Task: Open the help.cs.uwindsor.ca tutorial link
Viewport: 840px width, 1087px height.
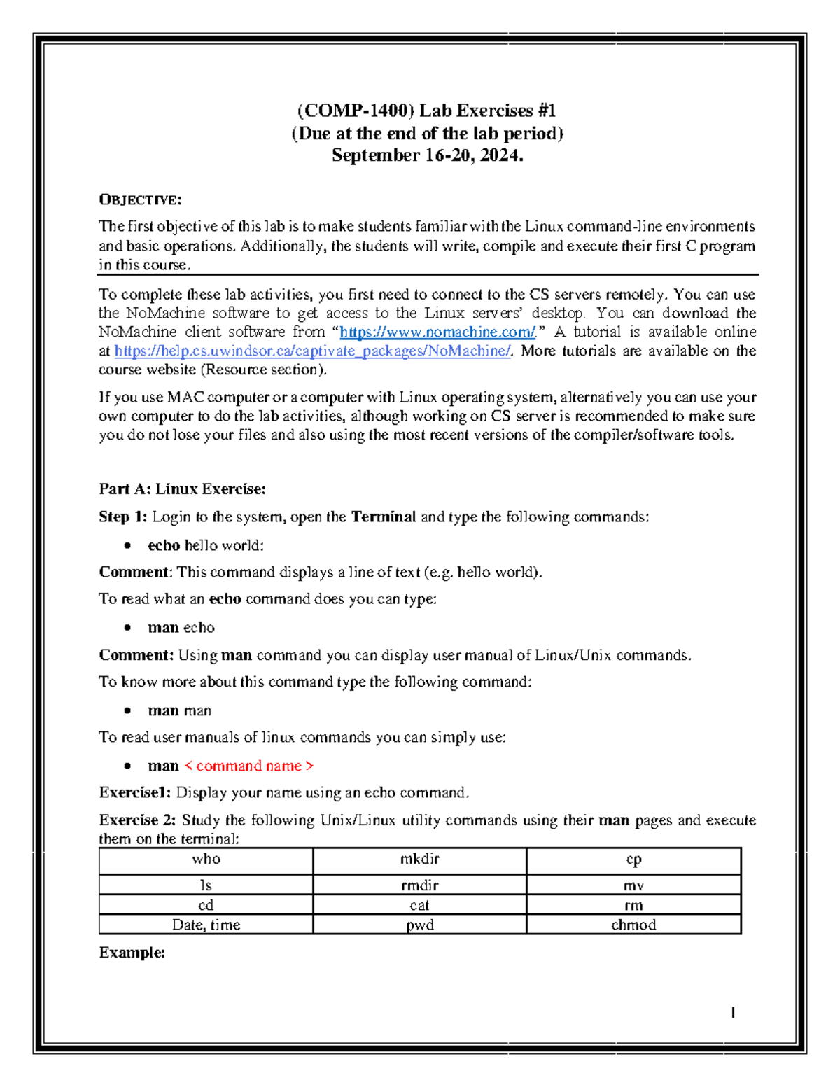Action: point(312,351)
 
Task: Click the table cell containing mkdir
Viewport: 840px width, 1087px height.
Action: point(419,860)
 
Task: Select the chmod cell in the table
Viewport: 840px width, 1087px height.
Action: point(633,925)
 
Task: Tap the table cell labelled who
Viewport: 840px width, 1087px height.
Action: point(206,860)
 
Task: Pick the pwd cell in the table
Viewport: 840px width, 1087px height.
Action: point(419,925)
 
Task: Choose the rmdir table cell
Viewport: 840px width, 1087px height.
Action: point(419,885)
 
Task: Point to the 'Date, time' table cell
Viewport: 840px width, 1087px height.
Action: point(206,925)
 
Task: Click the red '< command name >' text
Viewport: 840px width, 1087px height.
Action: point(248,766)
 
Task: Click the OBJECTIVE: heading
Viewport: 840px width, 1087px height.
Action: point(140,200)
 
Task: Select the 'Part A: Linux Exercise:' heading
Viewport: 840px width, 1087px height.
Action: point(182,489)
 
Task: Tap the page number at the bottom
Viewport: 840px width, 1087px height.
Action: point(732,1012)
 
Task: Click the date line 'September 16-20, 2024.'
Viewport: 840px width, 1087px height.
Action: point(427,155)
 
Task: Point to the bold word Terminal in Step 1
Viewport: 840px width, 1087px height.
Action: point(384,517)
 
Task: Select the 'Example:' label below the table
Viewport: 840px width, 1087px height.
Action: point(132,953)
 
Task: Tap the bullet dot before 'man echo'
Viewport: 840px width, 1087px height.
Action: point(127,628)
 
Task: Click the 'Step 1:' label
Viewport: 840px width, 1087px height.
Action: point(122,517)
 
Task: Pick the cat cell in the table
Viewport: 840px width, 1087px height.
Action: point(419,905)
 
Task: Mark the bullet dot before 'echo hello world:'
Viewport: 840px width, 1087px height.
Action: point(127,545)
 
